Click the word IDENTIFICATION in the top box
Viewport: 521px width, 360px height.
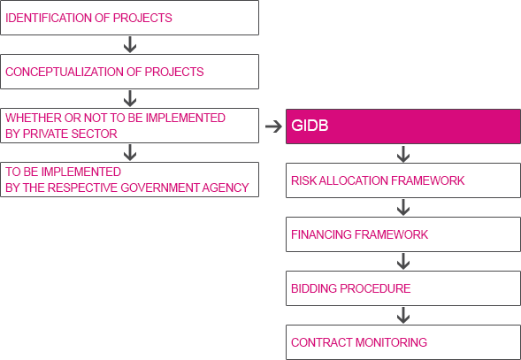click(x=49, y=18)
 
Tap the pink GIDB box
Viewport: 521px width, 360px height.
click(x=403, y=126)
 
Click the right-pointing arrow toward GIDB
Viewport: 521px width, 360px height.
click(x=273, y=126)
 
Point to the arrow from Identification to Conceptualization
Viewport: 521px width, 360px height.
click(x=130, y=44)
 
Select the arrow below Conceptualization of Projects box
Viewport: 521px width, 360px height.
click(x=130, y=98)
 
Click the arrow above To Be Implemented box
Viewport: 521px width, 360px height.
click(x=130, y=152)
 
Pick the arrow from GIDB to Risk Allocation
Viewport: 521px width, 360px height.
click(x=403, y=154)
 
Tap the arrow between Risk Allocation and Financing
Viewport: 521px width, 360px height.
click(x=403, y=208)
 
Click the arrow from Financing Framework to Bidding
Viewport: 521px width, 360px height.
click(x=403, y=261)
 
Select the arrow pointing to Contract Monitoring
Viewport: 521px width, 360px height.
click(x=403, y=315)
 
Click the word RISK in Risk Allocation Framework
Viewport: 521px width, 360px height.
click(x=299, y=180)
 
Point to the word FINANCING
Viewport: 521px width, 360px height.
click(x=321, y=234)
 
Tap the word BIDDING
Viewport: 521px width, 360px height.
click(x=314, y=288)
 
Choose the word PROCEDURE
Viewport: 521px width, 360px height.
click(x=375, y=288)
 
